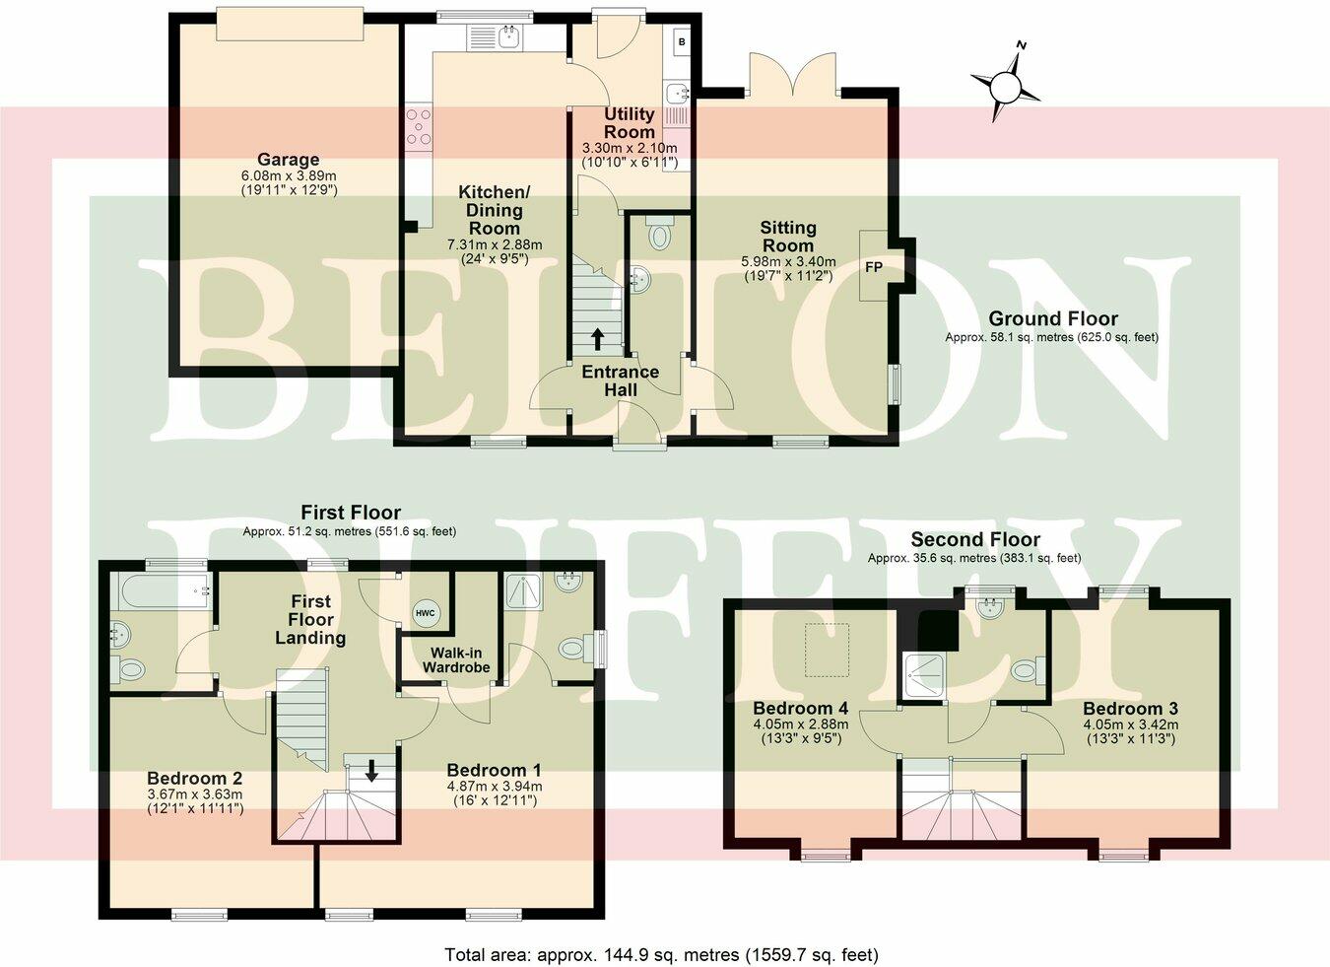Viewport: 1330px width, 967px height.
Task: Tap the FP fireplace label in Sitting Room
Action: pyautogui.click(x=873, y=267)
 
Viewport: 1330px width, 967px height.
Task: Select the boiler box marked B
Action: pyautogui.click(x=681, y=43)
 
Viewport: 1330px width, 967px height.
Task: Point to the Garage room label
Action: pyautogui.click(x=288, y=160)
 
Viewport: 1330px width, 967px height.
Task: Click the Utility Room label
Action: pyautogui.click(x=630, y=123)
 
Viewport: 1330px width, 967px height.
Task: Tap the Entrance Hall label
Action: pyautogui.click(x=620, y=380)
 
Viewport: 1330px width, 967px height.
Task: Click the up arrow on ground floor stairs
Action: pyautogui.click(x=598, y=338)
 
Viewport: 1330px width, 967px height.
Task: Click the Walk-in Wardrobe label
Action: pyautogui.click(x=456, y=659)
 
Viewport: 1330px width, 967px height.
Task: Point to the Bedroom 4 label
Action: pyautogui.click(x=800, y=708)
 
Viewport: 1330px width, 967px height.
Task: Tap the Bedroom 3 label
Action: pyautogui.click(x=1130, y=708)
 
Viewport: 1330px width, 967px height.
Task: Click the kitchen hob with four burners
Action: pyautogui.click(x=418, y=129)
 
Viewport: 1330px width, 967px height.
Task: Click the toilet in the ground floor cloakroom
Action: pyautogui.click(x=659, y=236)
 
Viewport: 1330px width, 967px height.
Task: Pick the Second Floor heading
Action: pyautogui.click(x=974, y=539)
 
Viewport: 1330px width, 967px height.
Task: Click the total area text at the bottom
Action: pyautogui.click(x=661, y=954)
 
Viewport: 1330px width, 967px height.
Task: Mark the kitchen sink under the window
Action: pyautogui.click(x=509, y=38)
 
